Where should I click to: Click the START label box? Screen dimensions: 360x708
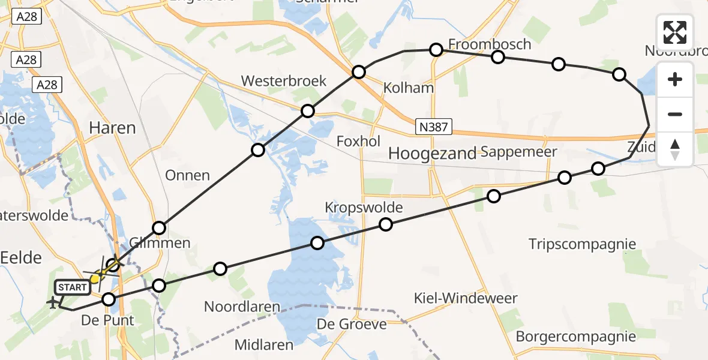(73, 287)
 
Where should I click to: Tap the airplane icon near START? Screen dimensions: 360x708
(53, 304)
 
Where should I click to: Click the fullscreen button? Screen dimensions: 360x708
(675, 32)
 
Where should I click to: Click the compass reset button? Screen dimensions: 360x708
(675, 149)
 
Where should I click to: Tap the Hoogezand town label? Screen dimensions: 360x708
(432, 153)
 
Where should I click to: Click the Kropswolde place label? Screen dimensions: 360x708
(363, 208)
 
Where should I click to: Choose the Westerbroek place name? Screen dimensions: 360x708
(284, 81)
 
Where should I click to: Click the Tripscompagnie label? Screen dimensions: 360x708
(582, 244)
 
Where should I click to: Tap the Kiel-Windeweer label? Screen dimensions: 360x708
(466, 298)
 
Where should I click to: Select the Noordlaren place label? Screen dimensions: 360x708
(242, 307)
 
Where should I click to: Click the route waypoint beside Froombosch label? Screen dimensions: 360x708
(436, 50)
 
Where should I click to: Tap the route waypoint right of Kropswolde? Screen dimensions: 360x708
(386, 224)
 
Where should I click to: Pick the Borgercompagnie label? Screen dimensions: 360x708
(575, 336)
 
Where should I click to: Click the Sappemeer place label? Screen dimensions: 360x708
(519, 152)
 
